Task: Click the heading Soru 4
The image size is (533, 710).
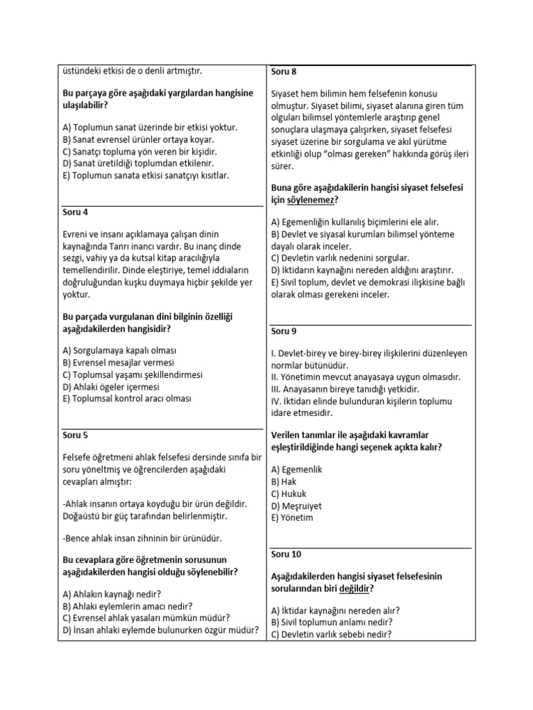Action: click(76, 213)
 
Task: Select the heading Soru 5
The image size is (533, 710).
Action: click(76, 436)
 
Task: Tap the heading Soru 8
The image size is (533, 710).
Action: click(284, 71)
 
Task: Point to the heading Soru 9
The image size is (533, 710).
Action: click(284, 331)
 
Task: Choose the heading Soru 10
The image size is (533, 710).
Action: click(286, 555)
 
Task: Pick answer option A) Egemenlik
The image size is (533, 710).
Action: click(296, 469)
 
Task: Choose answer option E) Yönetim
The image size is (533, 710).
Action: click(291, 518)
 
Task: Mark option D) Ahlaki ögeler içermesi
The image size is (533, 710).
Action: click(110, 387)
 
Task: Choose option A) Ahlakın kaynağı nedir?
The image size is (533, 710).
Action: click(112, 594)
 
